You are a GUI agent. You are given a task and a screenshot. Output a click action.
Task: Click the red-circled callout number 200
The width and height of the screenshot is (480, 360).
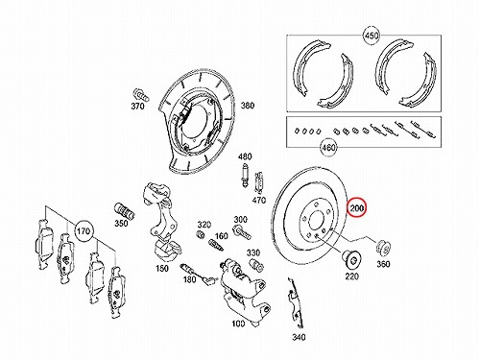pos(357,208)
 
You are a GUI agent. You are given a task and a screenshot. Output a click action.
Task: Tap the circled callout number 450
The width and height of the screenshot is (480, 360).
pos(372,36)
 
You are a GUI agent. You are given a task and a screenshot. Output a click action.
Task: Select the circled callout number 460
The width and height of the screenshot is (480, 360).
pos(328,148)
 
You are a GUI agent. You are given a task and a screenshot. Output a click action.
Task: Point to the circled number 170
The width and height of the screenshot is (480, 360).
pos(84,230)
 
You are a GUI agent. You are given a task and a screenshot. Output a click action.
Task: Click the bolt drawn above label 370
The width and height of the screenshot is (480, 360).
pos(140,94)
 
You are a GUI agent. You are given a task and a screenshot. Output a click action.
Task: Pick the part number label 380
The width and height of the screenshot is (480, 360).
pos(248,106)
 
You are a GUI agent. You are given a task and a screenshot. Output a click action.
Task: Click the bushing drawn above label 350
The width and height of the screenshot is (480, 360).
pos(125,210)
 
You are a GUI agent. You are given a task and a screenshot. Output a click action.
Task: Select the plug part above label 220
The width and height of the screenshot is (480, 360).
pos(351,260)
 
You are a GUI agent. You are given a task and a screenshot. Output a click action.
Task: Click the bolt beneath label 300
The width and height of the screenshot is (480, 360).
pos(242,232)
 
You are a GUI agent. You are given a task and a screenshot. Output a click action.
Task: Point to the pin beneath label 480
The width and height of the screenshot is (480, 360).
pos(245,176)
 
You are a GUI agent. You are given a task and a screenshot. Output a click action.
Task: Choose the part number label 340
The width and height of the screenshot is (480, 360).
pos(299,337)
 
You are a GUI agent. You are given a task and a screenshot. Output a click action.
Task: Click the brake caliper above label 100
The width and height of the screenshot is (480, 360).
pos(244,289)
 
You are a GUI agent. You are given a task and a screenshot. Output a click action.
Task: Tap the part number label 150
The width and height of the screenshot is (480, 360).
pos(162,268)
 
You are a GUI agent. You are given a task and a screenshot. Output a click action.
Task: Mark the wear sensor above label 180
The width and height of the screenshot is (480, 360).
pos(198,273)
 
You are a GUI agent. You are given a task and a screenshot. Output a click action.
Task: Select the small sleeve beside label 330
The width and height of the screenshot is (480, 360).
pos(256,265)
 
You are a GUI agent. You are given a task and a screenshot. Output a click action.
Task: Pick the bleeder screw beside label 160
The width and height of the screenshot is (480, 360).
pos(216,246)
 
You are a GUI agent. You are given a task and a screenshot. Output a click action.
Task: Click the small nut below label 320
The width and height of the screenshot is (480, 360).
pos(201,234)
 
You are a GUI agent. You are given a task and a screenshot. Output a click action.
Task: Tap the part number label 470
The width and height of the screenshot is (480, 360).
pos(258,201)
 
